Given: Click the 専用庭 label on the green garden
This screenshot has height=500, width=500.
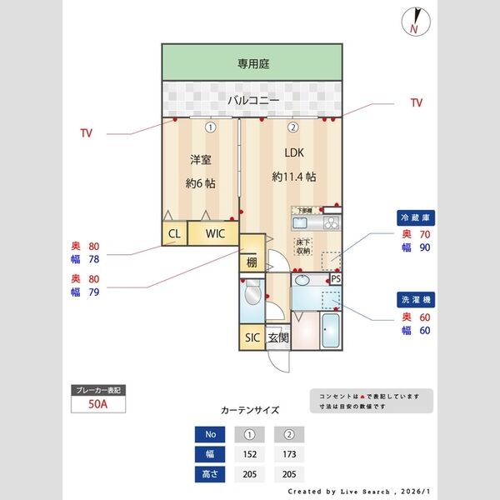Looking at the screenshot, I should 252,63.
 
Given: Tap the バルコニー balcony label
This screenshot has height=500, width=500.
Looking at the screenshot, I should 252,100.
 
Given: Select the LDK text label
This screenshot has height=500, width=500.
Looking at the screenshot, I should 293,152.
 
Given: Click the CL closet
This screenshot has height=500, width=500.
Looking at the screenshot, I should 174,233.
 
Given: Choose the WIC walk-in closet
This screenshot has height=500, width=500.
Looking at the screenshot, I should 215,233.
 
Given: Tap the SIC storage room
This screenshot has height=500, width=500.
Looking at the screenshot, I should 252,337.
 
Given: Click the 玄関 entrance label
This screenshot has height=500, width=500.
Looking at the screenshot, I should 278,337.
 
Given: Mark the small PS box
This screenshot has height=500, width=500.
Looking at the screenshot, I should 336,279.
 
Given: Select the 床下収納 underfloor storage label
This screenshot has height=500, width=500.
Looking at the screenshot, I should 303,247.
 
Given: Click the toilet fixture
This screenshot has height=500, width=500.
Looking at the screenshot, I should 251,298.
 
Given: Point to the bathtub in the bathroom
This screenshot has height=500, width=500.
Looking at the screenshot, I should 329,331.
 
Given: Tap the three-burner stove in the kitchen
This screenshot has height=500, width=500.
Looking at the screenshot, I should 328,223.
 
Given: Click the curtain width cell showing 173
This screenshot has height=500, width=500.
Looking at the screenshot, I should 288,454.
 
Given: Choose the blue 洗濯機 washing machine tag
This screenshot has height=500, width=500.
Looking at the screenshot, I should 414,297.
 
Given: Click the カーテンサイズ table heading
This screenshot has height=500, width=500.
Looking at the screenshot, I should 250,410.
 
